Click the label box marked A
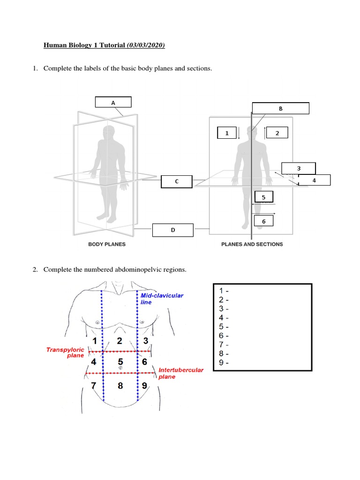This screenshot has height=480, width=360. [113, 102]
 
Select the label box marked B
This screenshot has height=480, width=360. [281, 108]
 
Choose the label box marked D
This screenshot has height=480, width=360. [172, 230]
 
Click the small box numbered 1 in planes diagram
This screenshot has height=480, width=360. [227, 133]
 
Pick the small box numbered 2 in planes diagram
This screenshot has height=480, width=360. [277, 133]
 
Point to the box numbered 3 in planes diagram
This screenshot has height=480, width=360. [299, 168]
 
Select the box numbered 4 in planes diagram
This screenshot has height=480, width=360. [314, 180]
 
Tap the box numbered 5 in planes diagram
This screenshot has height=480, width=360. [263, 197]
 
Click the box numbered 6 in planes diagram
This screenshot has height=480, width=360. [263, 221]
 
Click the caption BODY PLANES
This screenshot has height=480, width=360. [107, 244]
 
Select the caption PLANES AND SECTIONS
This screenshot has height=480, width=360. [252, 244]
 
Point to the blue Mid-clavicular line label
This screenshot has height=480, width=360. [162, 299]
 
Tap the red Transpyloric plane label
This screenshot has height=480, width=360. [65, 352]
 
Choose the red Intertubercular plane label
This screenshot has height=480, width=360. [181, 373]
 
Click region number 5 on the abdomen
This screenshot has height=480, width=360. [120, 362]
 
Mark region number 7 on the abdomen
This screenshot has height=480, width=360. [94, 386]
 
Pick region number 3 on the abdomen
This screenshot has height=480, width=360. [146, 341]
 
